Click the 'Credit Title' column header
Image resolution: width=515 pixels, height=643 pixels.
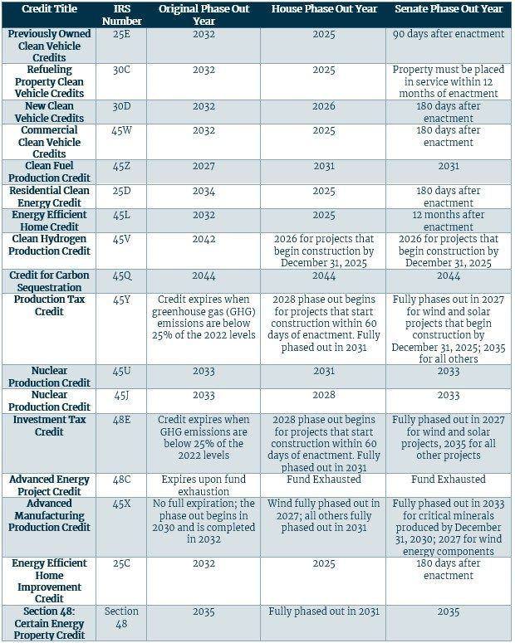(49, 8)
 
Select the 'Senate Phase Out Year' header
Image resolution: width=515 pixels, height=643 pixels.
(449, 8)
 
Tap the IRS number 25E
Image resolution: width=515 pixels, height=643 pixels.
(121, 34)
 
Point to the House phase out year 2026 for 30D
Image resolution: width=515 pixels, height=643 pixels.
(324, 106)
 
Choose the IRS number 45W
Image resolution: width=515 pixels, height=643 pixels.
(121, 130)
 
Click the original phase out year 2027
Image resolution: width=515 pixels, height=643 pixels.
(204, 166)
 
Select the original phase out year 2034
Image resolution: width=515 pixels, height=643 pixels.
(204, 191)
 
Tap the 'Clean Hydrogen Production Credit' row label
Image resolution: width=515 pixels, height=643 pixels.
(49, 245)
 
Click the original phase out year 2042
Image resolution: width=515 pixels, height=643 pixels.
(204, 239)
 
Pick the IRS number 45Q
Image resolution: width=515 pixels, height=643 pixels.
(121, 275)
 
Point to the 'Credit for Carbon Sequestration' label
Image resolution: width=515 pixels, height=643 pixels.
(49, 281)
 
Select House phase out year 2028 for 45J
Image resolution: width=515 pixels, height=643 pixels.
(324, 395)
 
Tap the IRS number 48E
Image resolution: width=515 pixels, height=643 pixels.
(121, 420)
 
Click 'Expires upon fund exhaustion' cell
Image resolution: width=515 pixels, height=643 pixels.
(204, 485)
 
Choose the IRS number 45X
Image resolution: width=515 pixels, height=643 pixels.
(121, 504)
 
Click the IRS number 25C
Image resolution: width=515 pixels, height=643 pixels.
(121, 563)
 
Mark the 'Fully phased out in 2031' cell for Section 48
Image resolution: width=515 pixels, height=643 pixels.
(324, 611)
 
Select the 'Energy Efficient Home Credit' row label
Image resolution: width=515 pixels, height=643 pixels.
(49, 221)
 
